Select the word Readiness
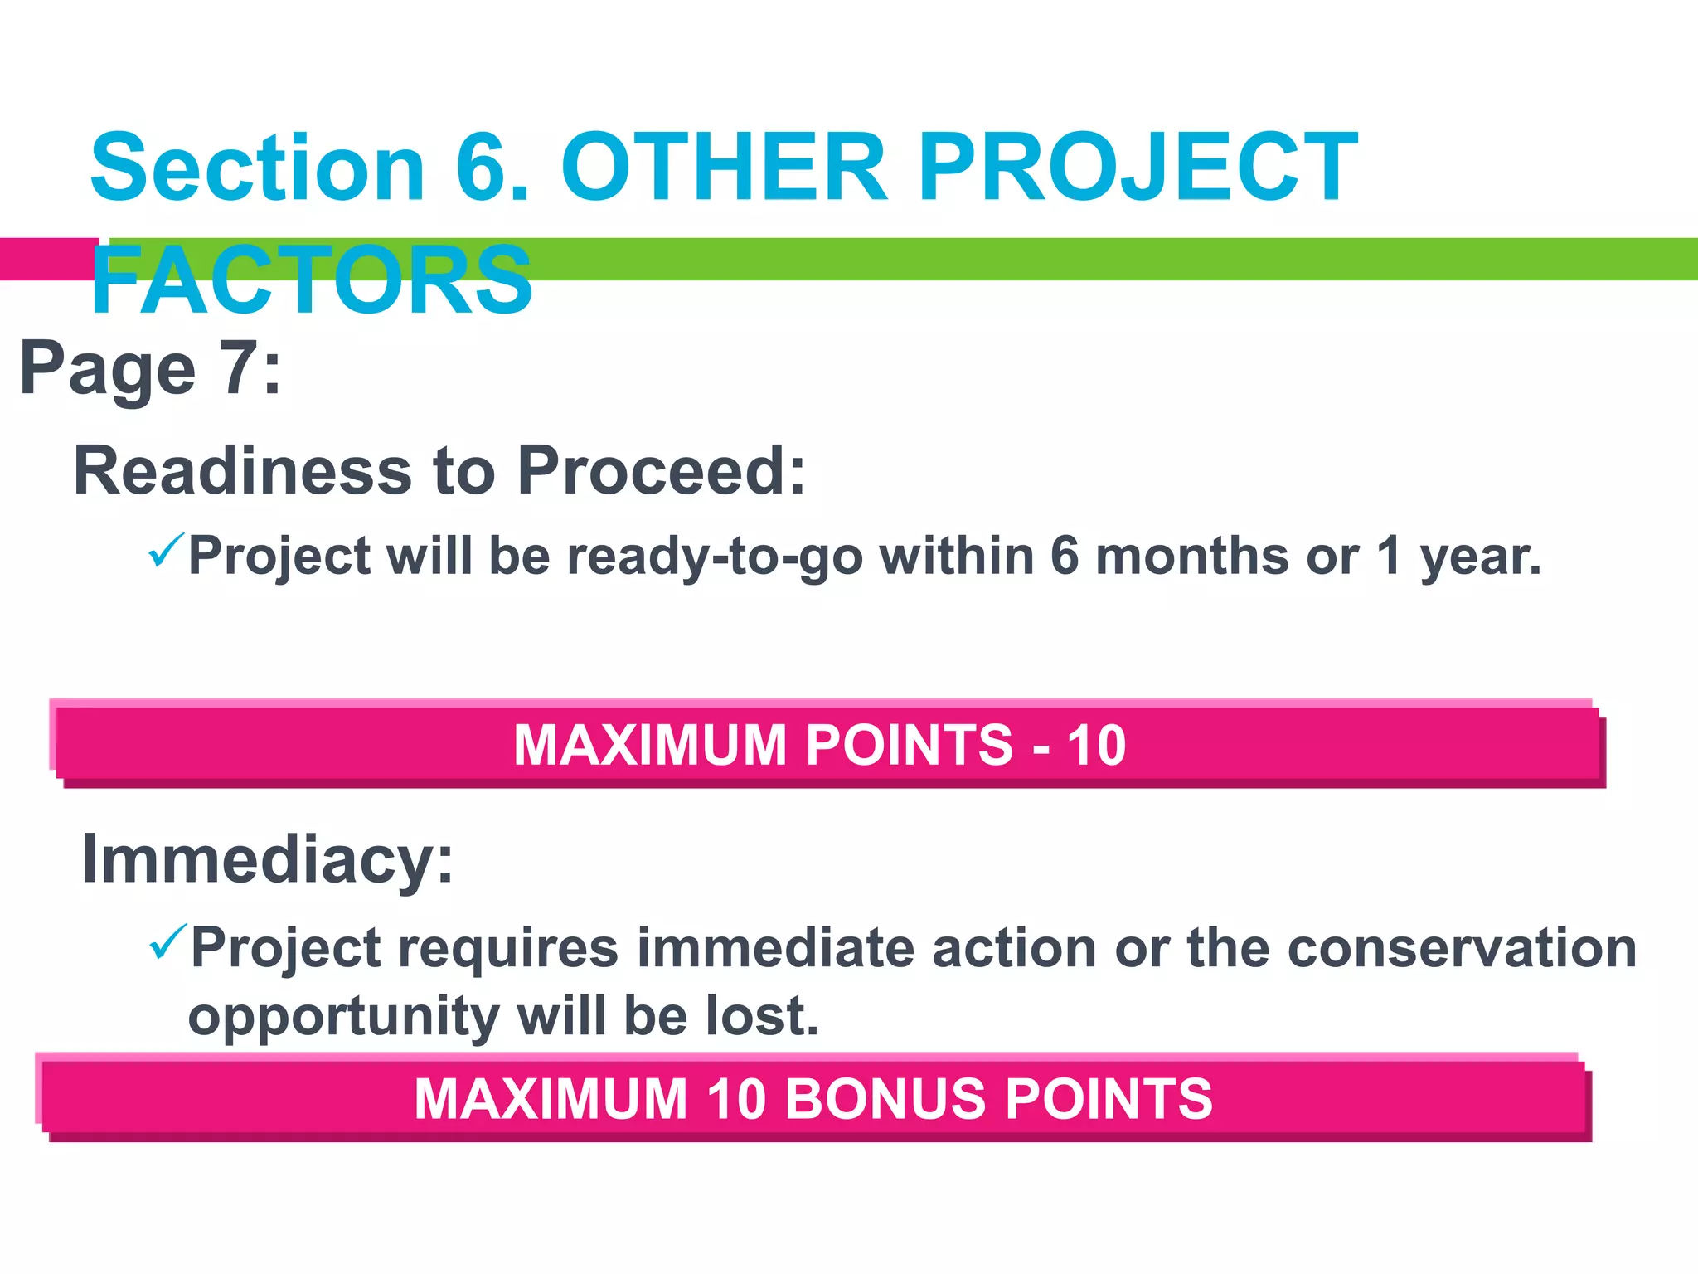[x=242, y=471]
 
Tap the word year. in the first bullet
[x=1481, y=557]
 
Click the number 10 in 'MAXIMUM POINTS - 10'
[x=1096, y=745]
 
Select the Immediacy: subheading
[x=268, y=859]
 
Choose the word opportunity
[x=343, y=1017]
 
